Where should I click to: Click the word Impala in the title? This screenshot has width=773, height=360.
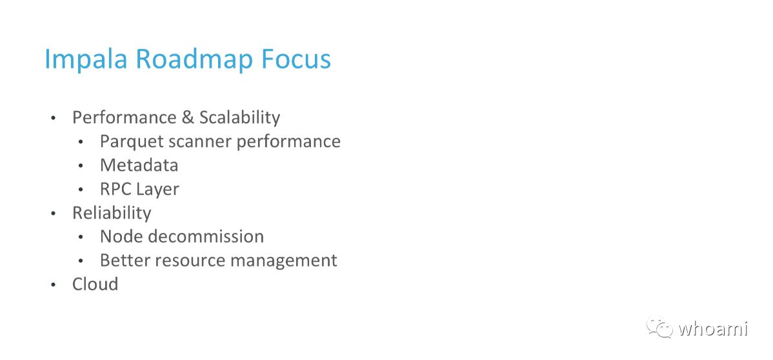click(86, 60)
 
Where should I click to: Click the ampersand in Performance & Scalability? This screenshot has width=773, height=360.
click(187, 117)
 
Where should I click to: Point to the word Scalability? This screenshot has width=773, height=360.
click(239, 118)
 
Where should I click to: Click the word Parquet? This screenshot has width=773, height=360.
click(131, 142)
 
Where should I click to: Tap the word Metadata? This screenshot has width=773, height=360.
click(139, 165)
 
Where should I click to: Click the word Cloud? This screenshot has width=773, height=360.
click(95, 285)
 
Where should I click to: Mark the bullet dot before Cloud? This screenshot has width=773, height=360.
click(54, 285)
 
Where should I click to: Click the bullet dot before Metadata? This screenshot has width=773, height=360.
click(81, 166)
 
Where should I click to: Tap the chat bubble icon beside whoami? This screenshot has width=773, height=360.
click(659, 328)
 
